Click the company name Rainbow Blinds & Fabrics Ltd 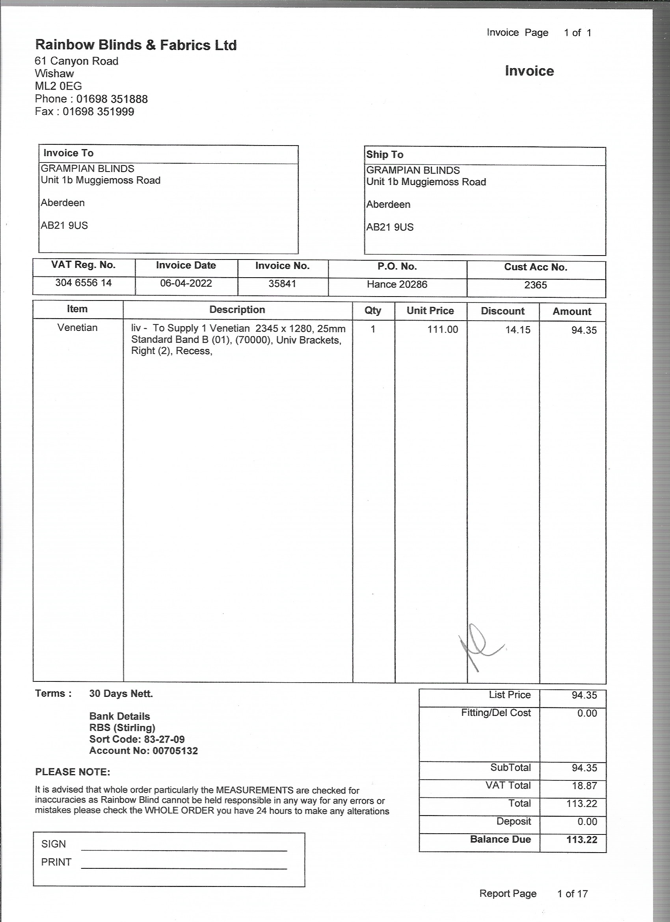click(x=136, y=45)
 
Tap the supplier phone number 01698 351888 click(x=112, y=99)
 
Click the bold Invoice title click(x=529, y=71)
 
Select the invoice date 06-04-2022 click(x=186, y=284)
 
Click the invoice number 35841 click(x=282, y=284)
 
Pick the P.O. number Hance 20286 click(x=397, y=285)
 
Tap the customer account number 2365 click(x=535, y=286)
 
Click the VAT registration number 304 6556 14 click(x=83, y=283)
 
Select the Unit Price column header click(x=430, y=311)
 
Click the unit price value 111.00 click(x=442, y=330)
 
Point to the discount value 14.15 click(x=517, y=330)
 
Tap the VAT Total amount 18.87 click(x=584, y=786)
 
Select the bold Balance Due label click(x=500, y=840)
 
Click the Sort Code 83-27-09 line click(x=137, y=739)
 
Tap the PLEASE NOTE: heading click(x=73, y=772)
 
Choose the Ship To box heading click(x=384, y=155)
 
